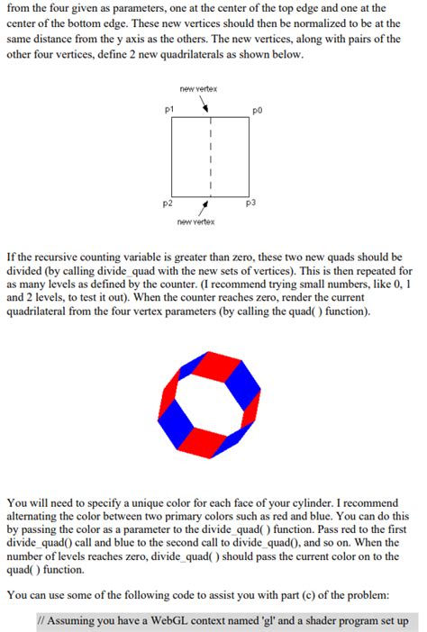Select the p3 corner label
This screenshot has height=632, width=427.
tap(251, 204)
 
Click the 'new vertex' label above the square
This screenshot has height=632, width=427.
tap(198, 88)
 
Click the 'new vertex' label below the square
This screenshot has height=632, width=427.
tap(195, 221)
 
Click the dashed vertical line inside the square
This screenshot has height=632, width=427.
tap(211, 158)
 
